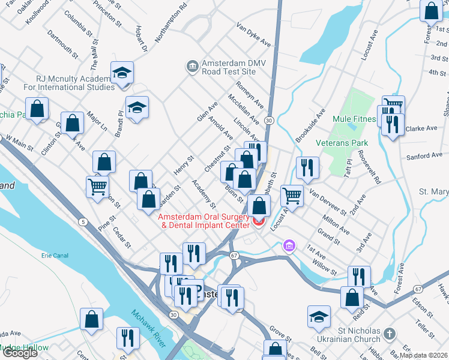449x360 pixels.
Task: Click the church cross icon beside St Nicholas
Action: (x=390, y=332)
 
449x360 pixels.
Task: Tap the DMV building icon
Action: (x=193, y=64)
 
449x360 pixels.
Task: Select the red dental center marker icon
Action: (x=259, y=222)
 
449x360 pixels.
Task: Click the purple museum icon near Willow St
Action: (x=289, y=246)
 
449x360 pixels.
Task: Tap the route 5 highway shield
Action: (x=82, y=222)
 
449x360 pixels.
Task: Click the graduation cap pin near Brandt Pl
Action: (x=137, y=107)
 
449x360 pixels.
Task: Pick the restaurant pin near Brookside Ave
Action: (x=307, y=167)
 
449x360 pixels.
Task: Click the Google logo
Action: (x=19, y=353)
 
